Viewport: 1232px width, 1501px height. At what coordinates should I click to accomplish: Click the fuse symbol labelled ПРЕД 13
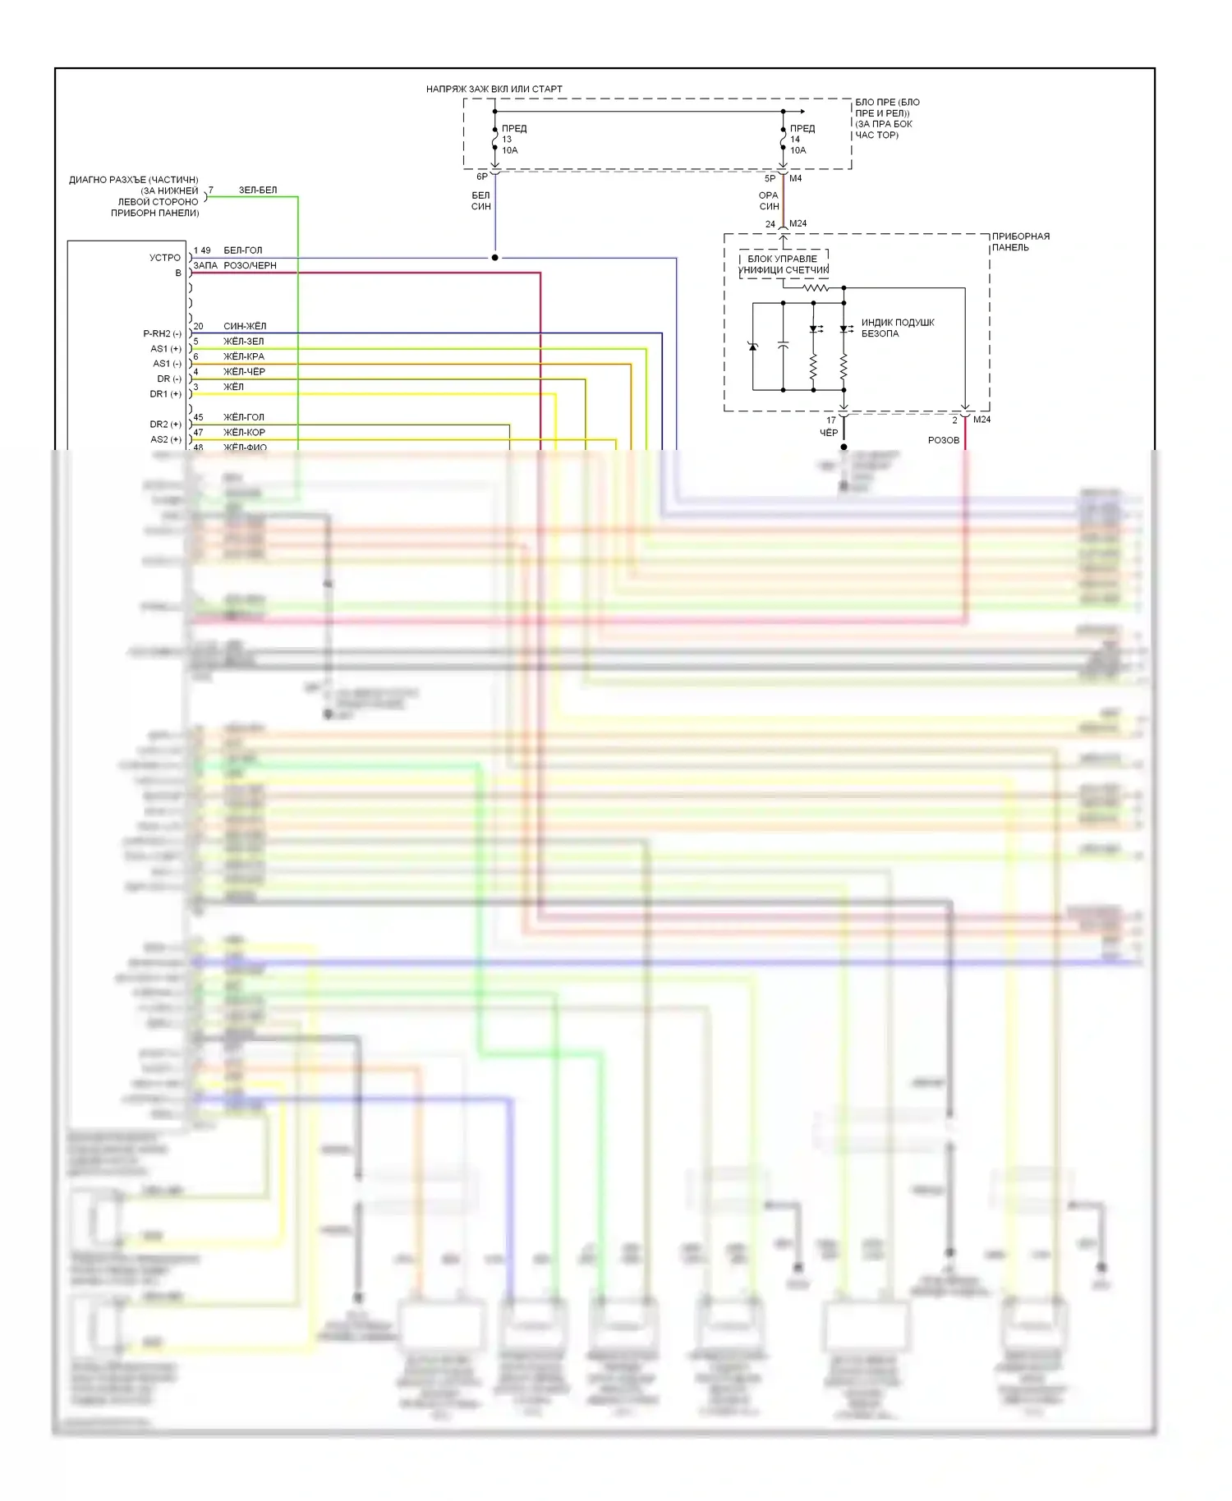coord(495,140)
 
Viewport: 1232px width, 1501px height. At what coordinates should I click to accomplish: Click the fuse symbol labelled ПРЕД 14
coord(784,140)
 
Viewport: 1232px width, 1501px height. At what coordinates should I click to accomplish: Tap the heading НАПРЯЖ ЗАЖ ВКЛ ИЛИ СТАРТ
coord(494,89)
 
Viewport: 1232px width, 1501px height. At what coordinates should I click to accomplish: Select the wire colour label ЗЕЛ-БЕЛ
coord(258,190)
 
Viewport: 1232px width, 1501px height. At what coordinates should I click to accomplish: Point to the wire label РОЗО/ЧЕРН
coord(250,265)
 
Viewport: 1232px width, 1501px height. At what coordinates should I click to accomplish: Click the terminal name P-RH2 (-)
coord(162,333)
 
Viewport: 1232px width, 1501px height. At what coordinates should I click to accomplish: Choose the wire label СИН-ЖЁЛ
coord(245,326)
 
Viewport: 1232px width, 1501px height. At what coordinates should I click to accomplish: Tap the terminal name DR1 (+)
coord(165,394)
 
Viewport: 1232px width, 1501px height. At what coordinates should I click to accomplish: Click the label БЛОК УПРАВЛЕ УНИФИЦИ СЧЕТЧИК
coord(784,264)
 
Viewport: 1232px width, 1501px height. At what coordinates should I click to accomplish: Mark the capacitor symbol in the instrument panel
coord(784,347)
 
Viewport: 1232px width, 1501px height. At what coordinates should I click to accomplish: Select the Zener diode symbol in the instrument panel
coord(753,347)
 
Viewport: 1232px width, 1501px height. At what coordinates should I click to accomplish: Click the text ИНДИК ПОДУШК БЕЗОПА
coord(897,328)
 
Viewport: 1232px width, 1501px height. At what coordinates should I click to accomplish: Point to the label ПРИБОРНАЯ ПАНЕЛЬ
coord(1020,241)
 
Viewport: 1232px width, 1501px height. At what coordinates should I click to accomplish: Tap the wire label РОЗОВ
coord(943,440)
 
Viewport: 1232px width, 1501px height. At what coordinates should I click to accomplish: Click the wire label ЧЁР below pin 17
coord(829,433)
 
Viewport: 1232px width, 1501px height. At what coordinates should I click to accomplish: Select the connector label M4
coord(795,178)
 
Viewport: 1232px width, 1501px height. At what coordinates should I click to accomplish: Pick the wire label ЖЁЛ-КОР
coord(244,432)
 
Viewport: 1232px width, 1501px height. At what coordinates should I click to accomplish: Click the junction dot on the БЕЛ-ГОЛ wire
coord(494,258)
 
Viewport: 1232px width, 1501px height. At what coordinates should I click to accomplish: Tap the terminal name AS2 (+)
coord(165,439)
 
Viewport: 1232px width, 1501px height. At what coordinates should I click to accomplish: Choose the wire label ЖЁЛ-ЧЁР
coord(244,371)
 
